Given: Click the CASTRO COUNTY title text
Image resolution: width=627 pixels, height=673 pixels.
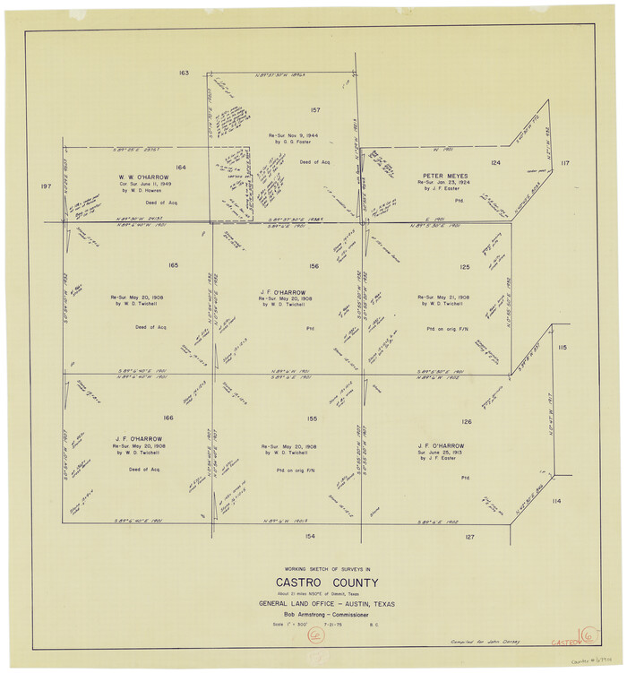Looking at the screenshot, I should coord(313,584).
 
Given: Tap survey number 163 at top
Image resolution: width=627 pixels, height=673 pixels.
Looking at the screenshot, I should coord(184,73).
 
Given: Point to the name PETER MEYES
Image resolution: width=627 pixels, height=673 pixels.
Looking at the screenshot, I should coord(441,175).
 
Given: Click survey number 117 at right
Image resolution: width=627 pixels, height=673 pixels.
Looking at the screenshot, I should coord(564,163).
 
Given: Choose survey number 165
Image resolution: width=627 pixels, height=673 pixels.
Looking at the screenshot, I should coord(173,265).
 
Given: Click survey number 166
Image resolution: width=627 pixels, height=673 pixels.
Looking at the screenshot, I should coord(168,418).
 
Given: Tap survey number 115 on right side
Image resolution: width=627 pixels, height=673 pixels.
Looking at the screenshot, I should coord(562,348).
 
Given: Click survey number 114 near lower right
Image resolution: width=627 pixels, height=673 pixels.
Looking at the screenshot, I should coord(556,501).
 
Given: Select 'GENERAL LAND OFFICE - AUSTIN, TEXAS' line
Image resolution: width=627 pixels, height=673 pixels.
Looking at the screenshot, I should coord(313,603).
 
